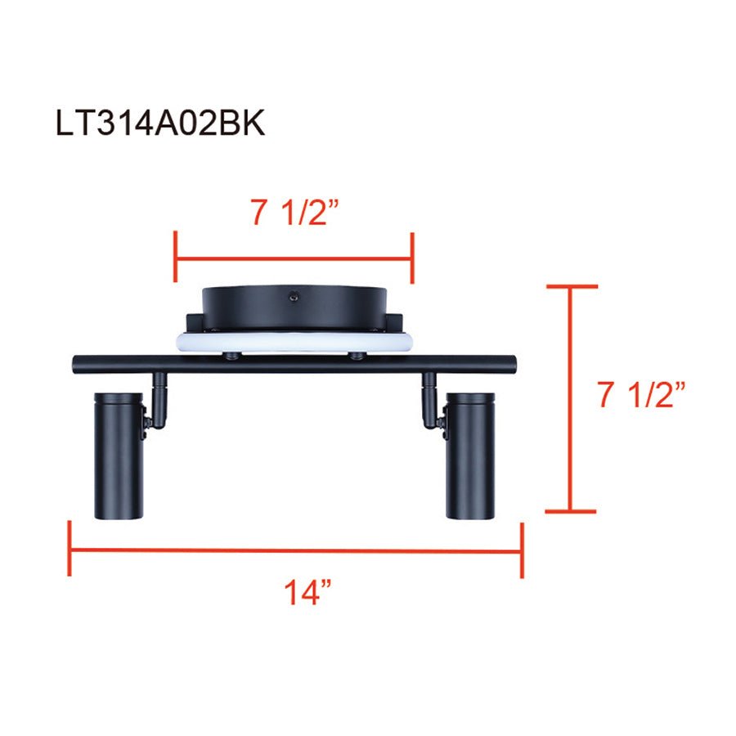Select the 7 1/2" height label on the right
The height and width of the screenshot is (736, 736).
click(640, 397)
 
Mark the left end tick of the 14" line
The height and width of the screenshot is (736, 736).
click(70, 550)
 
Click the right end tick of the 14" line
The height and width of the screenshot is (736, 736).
click(521, 550)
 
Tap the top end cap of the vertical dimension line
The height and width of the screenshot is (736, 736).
click(571, 286)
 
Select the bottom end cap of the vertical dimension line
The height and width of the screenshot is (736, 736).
click(571, 512)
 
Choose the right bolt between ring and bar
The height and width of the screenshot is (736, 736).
click(355, 354)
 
